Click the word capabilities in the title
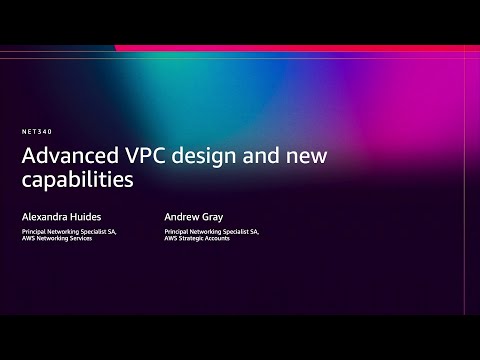click(x=79, y=183)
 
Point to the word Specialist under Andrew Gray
click(x=236, y=231)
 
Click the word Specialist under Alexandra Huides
click(x=92, y=231)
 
